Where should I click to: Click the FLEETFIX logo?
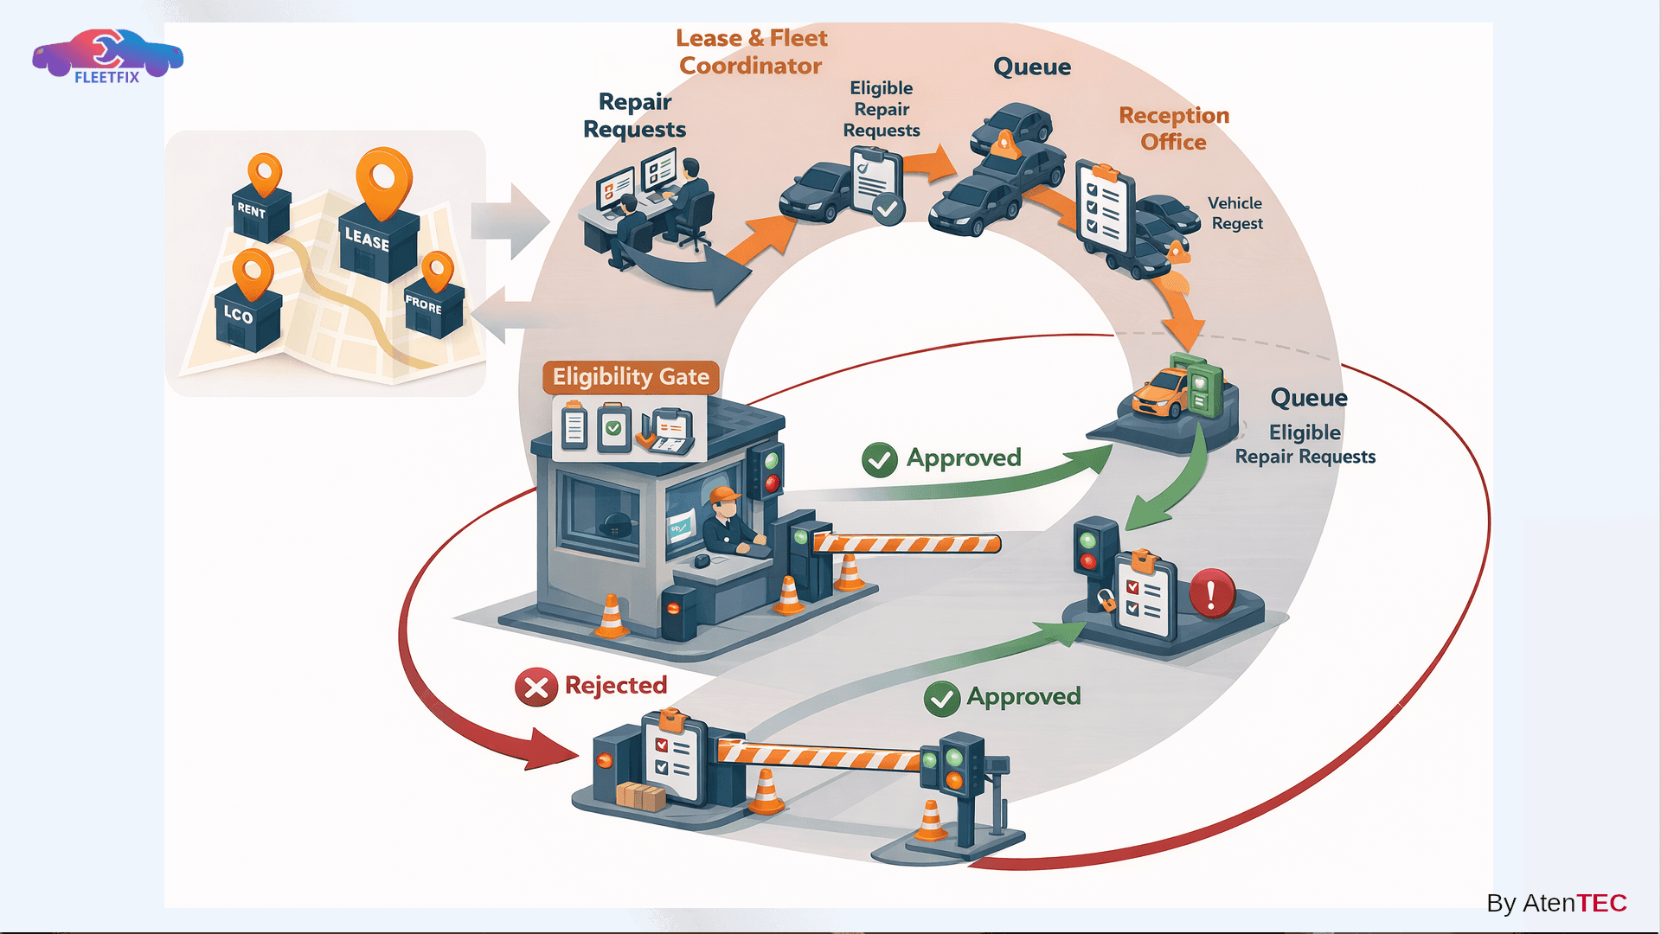tap(106, 57)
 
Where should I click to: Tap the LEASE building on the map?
tap(378, 243)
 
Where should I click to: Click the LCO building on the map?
tap(247, 317)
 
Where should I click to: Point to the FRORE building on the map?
tap(433, 308)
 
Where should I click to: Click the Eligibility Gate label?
tap(631, 377)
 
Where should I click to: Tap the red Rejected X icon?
tap(536, 688)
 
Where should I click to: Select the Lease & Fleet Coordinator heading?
tap(751, 52)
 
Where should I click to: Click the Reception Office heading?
tap(1173, 128)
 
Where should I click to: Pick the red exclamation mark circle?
tap(1211, 593)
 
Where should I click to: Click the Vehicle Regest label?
tap(1235, 213)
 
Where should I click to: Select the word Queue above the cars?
tap(1031, 67)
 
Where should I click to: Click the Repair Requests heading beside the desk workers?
tap(634, 115)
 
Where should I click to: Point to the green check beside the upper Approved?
tap(880, 459)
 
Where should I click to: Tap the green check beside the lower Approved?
tap(941, 698)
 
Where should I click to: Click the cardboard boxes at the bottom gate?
tap(640, 796)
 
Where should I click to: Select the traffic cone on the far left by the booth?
tap(611, 616)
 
